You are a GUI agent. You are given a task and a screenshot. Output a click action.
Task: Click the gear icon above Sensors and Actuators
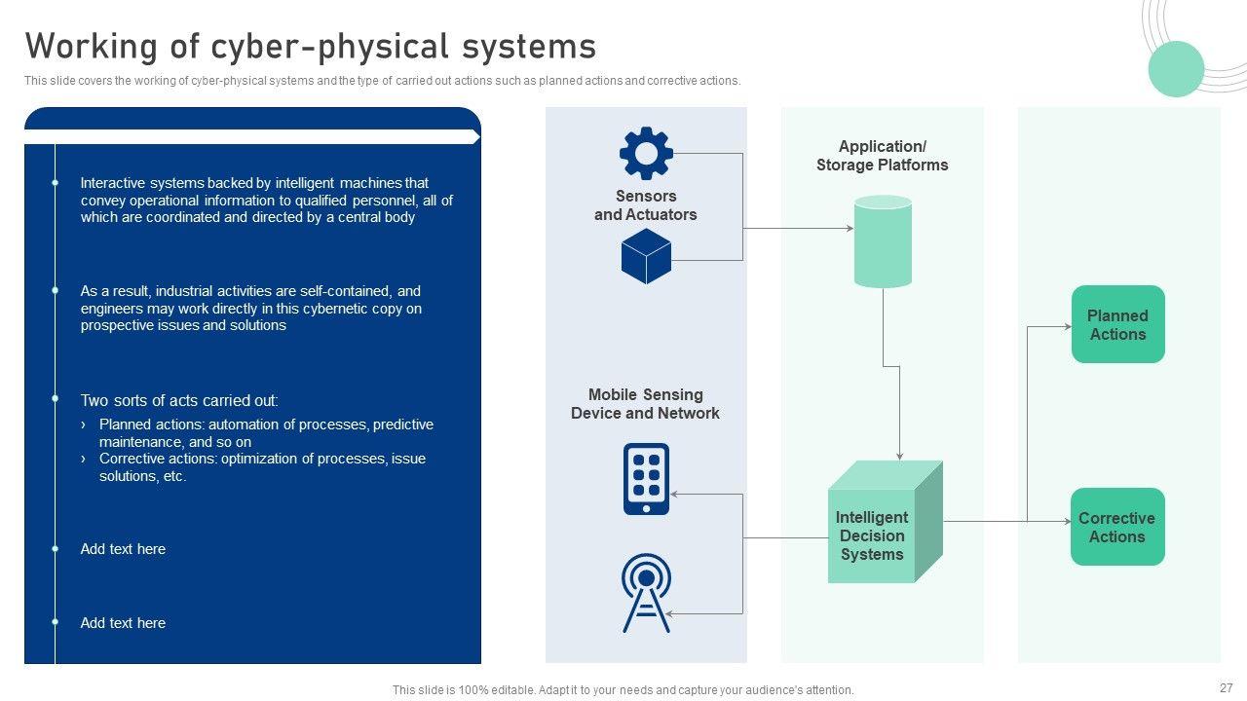646,154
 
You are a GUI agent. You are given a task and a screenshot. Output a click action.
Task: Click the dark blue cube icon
646,256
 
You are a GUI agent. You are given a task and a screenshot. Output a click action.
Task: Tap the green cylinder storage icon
883,241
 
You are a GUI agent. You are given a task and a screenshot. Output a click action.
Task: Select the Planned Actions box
1117,324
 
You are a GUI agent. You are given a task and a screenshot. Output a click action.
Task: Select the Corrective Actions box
1116,527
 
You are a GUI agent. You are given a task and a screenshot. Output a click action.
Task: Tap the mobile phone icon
646,479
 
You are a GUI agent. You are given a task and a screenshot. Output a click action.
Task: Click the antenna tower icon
646,593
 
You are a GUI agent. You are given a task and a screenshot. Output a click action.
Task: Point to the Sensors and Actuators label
646,205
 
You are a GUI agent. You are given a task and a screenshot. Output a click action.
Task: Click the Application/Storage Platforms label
882,156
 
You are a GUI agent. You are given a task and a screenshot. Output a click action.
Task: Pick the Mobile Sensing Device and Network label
645,404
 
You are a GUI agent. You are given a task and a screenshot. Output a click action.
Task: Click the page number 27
1226,687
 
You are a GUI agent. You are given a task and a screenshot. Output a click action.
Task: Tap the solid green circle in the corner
1176,69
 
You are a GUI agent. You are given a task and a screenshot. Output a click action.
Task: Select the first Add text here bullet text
123,549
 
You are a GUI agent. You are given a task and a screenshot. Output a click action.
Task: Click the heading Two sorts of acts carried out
179,400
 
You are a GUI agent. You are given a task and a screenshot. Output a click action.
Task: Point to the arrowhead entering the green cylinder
850,229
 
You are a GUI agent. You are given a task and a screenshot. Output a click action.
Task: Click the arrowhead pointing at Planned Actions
1067,327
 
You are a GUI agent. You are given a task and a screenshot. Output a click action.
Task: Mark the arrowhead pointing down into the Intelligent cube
899,456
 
